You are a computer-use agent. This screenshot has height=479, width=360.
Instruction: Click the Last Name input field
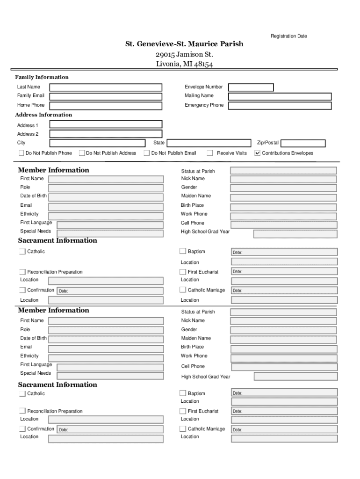[x=106, y=87]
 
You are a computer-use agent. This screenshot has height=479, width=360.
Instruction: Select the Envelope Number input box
[x=250, y=87]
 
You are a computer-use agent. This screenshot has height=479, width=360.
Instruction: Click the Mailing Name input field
[x=281, y=97]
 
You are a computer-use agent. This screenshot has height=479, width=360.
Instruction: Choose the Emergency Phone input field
[x=281, y=106]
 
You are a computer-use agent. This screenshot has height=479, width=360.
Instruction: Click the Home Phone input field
[x=106, y=106]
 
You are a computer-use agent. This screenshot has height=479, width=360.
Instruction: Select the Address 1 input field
[x=106, y=124]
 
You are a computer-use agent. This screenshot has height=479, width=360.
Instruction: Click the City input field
[x=97, y=143]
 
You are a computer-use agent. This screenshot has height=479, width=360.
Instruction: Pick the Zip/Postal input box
[x=302, y=144]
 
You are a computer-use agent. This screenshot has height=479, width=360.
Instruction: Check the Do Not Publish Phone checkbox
[x=22, y=153]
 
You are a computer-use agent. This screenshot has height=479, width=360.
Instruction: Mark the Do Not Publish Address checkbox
[x=82, y=153]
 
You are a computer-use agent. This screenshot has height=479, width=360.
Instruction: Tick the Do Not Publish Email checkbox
[x=147, y=153]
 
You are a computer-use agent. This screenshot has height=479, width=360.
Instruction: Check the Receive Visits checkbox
[x=210, y=153]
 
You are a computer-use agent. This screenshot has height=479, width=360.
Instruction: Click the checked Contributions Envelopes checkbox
[x=257, y=153]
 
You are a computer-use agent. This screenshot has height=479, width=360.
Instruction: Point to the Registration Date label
[x=288, y=36]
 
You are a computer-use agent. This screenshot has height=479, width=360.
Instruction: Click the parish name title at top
[x=184, y=44]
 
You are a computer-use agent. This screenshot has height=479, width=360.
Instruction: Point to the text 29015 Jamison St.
[x=184, y=55]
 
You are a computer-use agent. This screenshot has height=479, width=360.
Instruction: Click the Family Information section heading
[x=42, y=77]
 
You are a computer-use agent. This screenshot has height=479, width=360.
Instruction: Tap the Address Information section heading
[x=43, y=115]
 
